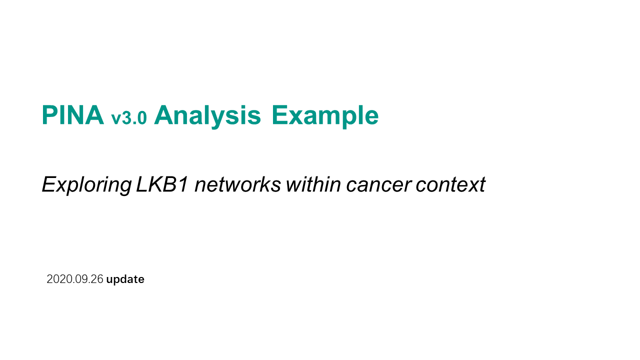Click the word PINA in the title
[x=73, y=115]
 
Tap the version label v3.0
[x=129, y=117]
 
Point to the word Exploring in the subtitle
[x=87, y=185]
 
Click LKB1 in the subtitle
[x=162, y=184]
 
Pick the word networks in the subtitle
[x=237, y=184]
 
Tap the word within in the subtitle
[x=313, y=184]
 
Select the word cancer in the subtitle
[x=379, y=186]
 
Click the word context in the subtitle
[x=450, y=185]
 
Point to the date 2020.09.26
[x=75, y=279]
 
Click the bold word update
[x=125, y=279]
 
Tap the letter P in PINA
[x=50, y=115]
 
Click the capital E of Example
[x=279, y=115]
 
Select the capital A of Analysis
[x=164, y=115]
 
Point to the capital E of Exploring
[x=50, y=184]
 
